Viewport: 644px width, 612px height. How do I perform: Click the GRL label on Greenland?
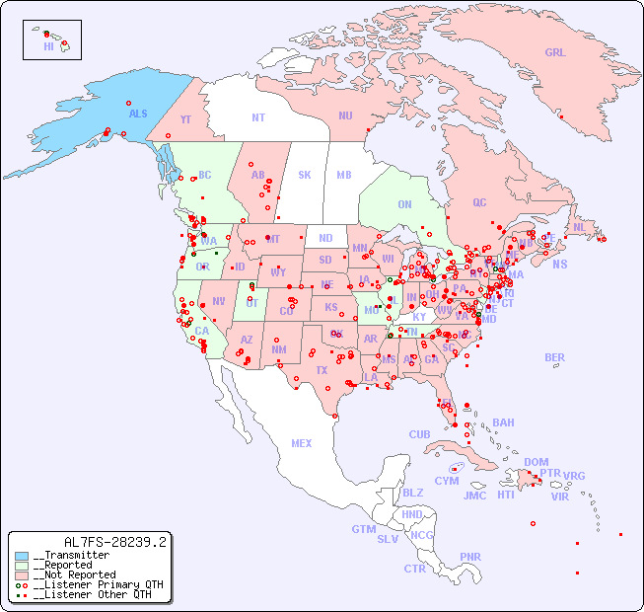(555, 52)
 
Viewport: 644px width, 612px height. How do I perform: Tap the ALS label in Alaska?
(138, 114)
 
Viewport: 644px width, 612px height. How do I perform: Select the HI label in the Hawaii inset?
(48, 45)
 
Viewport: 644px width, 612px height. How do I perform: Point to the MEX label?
(302, 443)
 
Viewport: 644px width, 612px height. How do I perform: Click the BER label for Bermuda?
(555, 357)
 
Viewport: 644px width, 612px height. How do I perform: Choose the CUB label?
(419, 434)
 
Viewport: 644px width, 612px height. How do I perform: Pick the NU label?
(345, 115)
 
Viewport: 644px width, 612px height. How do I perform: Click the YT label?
(185, 118)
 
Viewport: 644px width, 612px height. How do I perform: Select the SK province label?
(305, 175)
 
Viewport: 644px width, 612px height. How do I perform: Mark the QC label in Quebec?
(479, 202)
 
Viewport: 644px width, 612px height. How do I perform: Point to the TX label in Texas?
(322, 370)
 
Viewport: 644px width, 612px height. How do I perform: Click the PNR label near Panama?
(470, 557)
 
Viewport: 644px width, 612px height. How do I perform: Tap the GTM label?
(363, 529)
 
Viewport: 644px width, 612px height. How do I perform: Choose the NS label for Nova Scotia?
(559, 264)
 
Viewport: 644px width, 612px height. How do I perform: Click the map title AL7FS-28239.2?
(115, 542)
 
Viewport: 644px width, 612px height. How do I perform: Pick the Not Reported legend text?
(74, 574)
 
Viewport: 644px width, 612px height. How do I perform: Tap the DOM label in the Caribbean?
(536, 462)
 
